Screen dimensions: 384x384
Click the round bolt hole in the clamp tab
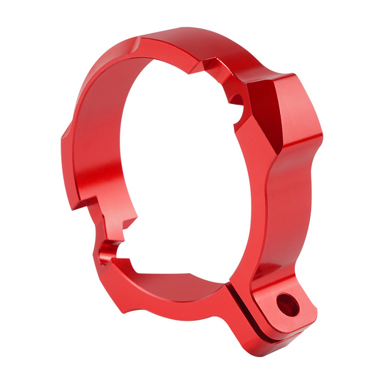tap(288, 305)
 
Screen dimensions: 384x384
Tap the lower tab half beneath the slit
tap(269, 336)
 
